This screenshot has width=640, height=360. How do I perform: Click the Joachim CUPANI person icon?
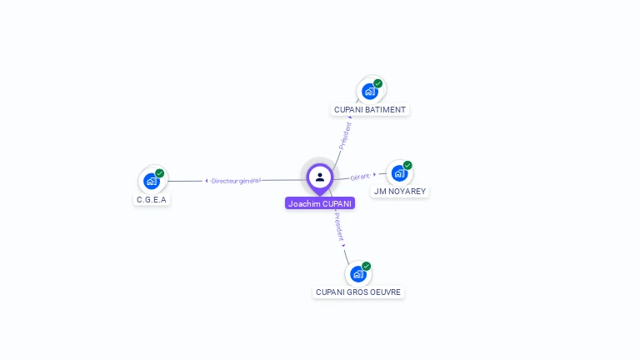320,177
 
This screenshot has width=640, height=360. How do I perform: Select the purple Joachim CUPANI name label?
320,203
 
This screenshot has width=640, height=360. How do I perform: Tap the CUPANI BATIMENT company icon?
369,91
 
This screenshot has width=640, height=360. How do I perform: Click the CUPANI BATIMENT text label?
370,110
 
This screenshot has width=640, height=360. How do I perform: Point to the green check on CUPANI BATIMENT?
377,83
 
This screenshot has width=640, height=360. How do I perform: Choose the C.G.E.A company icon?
152,181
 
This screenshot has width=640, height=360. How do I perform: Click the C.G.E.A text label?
152,200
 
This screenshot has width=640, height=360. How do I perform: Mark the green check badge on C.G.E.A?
159,173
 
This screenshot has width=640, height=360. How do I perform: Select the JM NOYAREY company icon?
399,172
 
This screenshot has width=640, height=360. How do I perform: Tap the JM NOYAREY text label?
400,192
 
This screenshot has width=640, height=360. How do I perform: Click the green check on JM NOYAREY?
407,165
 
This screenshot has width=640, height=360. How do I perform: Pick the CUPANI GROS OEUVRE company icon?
357,273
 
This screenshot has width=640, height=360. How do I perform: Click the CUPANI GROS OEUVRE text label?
358,292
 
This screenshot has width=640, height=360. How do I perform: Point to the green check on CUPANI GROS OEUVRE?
366,266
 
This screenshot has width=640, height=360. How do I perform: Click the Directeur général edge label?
237,181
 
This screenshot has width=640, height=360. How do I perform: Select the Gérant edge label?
360,177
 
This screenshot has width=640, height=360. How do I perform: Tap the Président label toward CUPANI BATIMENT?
344,136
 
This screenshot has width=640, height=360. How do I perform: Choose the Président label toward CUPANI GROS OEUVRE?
338,226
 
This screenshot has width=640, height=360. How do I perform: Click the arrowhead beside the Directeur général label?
207,181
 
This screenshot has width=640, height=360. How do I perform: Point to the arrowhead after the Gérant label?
374,174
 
